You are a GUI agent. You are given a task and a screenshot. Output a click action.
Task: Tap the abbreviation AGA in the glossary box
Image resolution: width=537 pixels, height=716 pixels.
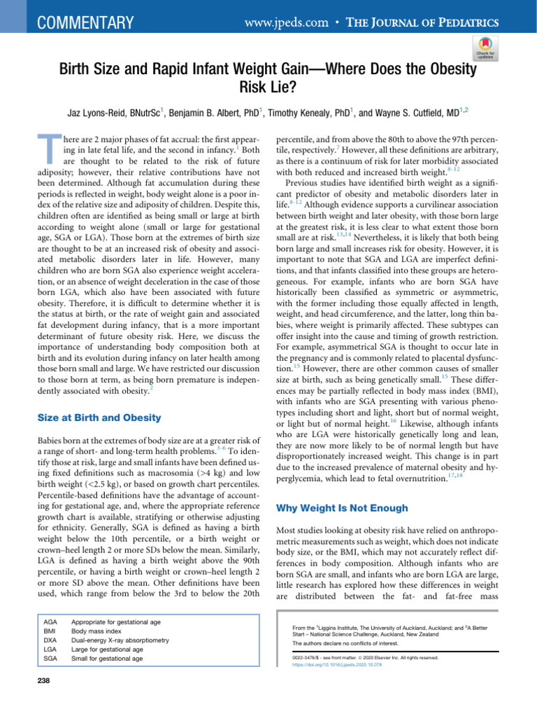(50, 621)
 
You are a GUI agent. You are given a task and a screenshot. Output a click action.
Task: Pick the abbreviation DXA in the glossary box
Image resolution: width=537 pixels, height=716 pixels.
(50, 640)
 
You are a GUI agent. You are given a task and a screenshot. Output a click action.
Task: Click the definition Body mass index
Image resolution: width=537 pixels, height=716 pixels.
(97, 631)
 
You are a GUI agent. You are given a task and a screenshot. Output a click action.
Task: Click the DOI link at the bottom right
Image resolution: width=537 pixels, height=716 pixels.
(336, 665)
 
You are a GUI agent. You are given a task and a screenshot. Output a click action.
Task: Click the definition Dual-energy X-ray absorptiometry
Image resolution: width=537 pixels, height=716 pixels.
(120, 640)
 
